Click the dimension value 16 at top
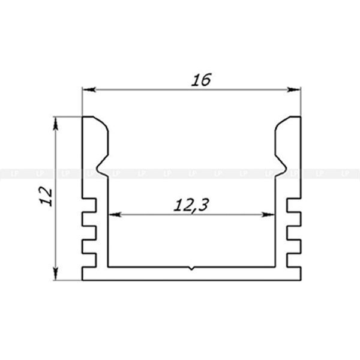(201, 80)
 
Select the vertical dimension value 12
(46, 196)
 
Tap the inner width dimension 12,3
(191, 205)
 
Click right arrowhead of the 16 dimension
(294, 89)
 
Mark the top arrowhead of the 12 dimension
(55, 124)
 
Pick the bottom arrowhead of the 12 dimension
(55, 274)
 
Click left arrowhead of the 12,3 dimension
(115, 215)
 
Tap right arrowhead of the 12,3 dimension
(268, 215)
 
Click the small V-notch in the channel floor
(191, 268)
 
